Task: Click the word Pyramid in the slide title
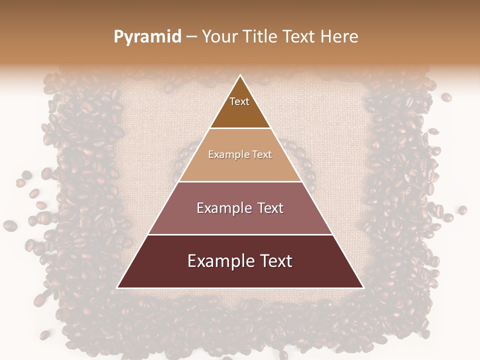click(147, 37)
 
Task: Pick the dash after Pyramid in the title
click(191, 37)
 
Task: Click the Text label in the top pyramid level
click(239, 101)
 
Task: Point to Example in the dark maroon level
click(219, 261)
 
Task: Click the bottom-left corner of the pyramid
click(117, 287)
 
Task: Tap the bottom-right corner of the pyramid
click(363, 287)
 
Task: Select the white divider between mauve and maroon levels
click(240, 234)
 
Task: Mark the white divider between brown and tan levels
click(240, 128)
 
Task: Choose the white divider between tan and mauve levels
click(240, 181)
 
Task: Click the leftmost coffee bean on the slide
click(9, 225)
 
